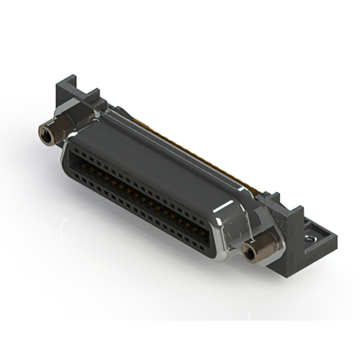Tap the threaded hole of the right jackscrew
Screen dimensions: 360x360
click(x=247, y=252)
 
